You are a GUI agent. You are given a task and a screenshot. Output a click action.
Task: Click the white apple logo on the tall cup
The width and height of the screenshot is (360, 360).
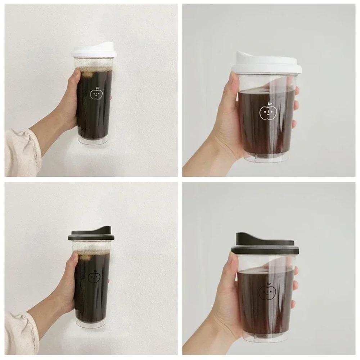96,94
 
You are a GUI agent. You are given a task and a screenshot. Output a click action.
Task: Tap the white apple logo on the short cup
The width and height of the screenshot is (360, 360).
268,112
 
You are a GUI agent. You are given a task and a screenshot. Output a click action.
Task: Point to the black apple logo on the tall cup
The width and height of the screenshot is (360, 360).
94,276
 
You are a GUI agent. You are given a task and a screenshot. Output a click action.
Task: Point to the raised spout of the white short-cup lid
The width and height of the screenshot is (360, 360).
248,57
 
